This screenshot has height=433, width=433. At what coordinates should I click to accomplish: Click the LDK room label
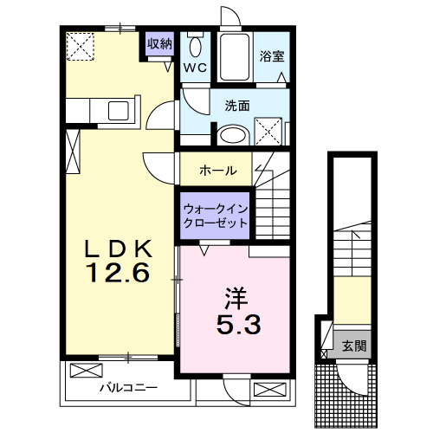coord(119,249)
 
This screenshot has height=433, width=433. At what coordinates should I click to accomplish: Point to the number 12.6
coord(119,274)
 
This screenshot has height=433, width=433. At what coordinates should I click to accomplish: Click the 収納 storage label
coord(158,43)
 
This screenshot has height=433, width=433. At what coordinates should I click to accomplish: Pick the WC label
coord(195,66)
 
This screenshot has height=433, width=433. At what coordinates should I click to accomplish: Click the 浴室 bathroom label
coord(272,57)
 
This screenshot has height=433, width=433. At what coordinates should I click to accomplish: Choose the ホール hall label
coord(218,171)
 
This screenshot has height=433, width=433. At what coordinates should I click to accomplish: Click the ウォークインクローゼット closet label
coord(215,216)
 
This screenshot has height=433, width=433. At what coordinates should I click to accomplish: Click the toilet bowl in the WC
coord(196,48)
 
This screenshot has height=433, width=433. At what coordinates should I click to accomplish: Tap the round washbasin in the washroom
coord(231,135)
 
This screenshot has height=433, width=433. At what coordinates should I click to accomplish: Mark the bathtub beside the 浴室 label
coord(234,57)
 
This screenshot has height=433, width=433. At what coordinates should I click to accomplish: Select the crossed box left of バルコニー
coord(85,371)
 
